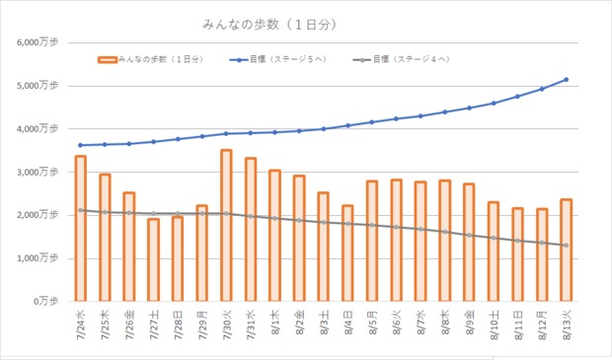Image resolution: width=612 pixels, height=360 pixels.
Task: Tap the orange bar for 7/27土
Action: pyautogui.click(x=153, y=259)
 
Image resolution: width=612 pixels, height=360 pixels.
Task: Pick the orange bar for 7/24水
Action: pyautogui.click(x=80, y=228)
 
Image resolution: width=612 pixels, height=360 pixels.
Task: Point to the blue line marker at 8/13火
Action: pyautogui.click(x=566, y=80)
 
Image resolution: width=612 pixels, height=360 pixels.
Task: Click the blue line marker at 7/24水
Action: pyautogui.click(x=80, y=145)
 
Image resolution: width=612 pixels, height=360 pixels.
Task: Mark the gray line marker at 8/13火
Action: pyautogui.click(x=566, y=246)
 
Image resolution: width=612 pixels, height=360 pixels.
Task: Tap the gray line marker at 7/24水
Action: pyautogui.click(x=80, y=210)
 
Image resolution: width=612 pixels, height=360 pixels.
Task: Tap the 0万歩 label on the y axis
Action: pyautogui.click(x=44, y=301)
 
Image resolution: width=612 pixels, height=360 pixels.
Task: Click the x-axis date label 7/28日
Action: pyautogui.click(x=177, y=322)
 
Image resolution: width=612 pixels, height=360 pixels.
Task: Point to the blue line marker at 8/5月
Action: pyautogui.click(x=371, y=122)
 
